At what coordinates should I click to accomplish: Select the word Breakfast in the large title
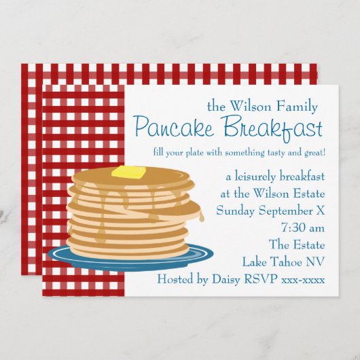point(271,126)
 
